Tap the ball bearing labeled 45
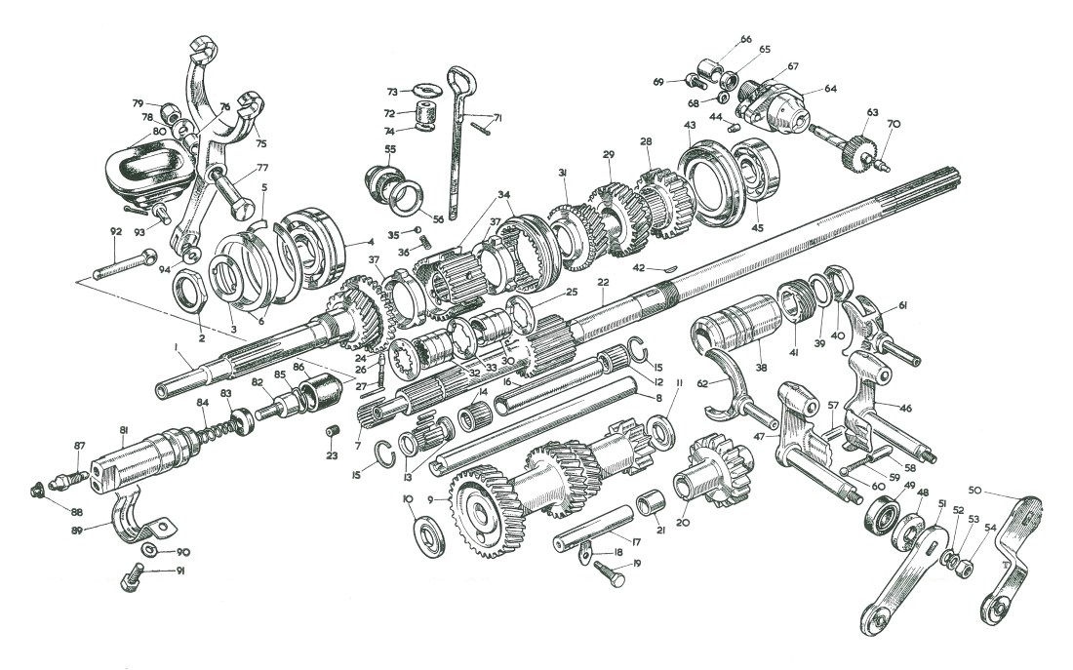(x=755, y=180)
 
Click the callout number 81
(x=124, y=430)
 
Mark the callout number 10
(x=408, y=499)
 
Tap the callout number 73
(x=392, y=92)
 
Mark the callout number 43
(x=690, y=126)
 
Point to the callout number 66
(x=746, y=39)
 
